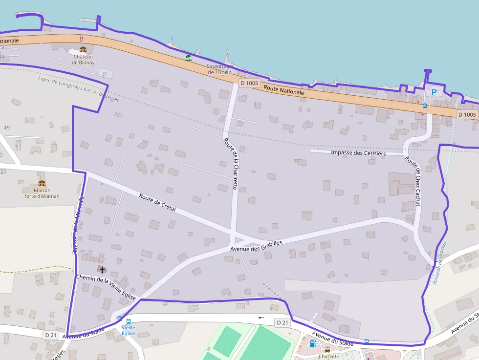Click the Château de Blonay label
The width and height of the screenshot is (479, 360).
coord(83,60)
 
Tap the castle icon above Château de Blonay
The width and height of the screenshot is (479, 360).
coord(83,50)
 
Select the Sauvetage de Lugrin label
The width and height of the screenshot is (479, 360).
coord(219,69)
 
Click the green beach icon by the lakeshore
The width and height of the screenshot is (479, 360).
coord(189,58)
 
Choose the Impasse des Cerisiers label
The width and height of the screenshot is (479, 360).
coord(358,153)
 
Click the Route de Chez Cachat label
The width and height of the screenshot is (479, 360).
coord(413,181)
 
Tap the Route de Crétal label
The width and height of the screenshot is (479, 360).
coord(157,203)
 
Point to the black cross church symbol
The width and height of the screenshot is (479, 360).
coord(102,269)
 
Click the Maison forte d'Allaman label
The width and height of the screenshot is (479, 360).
coord(42,193)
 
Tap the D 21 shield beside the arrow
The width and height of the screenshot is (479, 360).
coord(282,322)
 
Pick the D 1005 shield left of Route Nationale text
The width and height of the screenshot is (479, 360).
coord(249,83)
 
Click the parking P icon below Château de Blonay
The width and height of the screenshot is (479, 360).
coord(104,74)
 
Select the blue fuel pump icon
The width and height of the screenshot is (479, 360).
coord(313,343)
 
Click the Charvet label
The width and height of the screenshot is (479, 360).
coord(327,357)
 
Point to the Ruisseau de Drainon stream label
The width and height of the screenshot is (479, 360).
coord(439,263)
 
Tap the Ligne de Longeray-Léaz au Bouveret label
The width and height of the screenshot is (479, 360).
coord(78,88)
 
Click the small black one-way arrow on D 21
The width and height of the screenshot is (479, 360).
coord(261,318)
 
